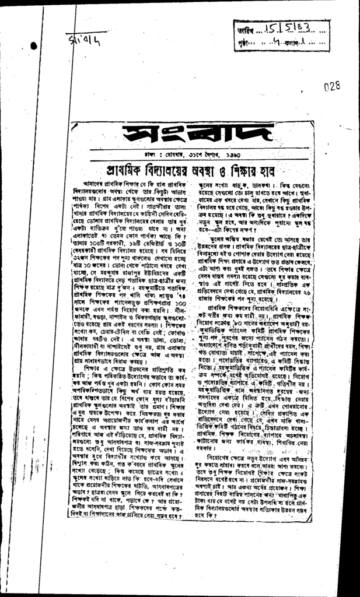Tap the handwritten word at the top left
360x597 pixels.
[80, 41]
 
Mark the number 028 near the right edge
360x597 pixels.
[331, 86]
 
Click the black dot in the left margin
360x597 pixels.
[33, 45]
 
